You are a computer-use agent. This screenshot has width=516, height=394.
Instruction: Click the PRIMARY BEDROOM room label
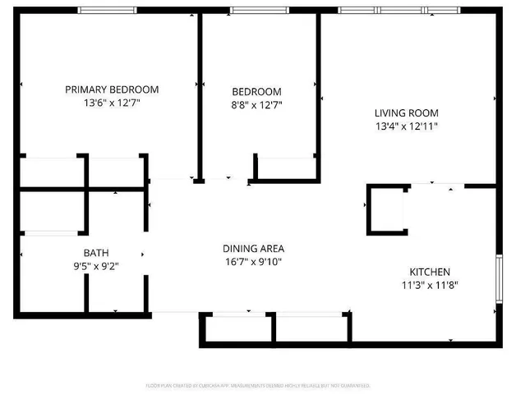click(x=112, y=89)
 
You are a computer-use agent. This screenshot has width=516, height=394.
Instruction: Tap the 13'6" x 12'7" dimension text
click(x=112, y=103)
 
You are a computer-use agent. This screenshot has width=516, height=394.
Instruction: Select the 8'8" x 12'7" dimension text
click(x=256, y=104)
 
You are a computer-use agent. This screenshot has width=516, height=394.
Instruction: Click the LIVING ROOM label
click(x=406, y=113)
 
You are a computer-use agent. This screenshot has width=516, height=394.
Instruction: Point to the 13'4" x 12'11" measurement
click(x=406, y=126)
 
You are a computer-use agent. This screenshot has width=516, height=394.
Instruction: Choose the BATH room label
click(x=95, y=253)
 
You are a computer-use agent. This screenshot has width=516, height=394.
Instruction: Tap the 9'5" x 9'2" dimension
click(x=95, y=266)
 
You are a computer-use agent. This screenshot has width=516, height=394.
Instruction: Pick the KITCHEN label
click(x=430, y=272)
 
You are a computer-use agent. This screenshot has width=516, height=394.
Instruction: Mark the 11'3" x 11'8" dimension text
click(x=430, y=286)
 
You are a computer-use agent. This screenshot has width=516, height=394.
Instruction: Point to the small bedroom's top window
click(x=254, y=10)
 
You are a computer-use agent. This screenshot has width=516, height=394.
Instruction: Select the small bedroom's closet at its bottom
click(x=285, y=167)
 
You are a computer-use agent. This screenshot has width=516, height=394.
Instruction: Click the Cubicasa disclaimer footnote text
click(x=258, y=385)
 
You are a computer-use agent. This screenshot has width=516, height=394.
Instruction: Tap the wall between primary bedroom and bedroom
click(x=198, y=94)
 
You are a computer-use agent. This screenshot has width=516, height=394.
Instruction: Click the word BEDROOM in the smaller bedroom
click(x=256, y=91)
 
